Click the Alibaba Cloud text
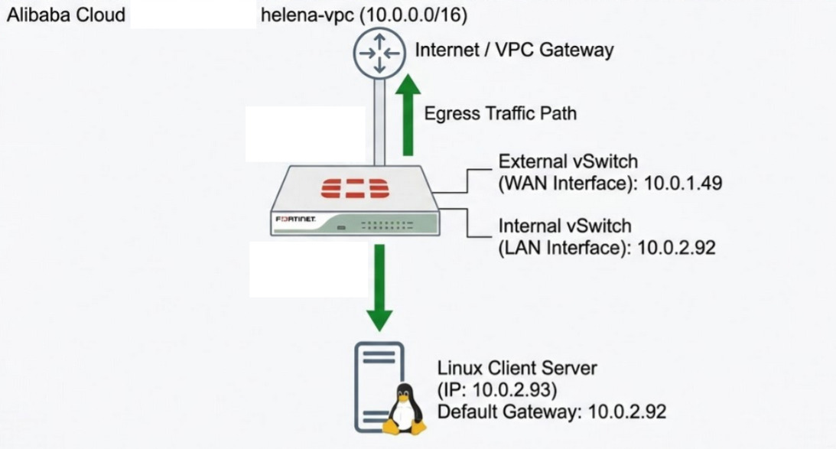tap(66, 15)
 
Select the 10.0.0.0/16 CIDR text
tap(417, 15)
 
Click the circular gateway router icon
tap(377, 53)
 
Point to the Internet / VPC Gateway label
tap(514, 50)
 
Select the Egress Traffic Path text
tap(500, 113)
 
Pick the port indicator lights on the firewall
tap(392, 225)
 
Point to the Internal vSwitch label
tap(565, 226)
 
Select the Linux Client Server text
tap(517, 368)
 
